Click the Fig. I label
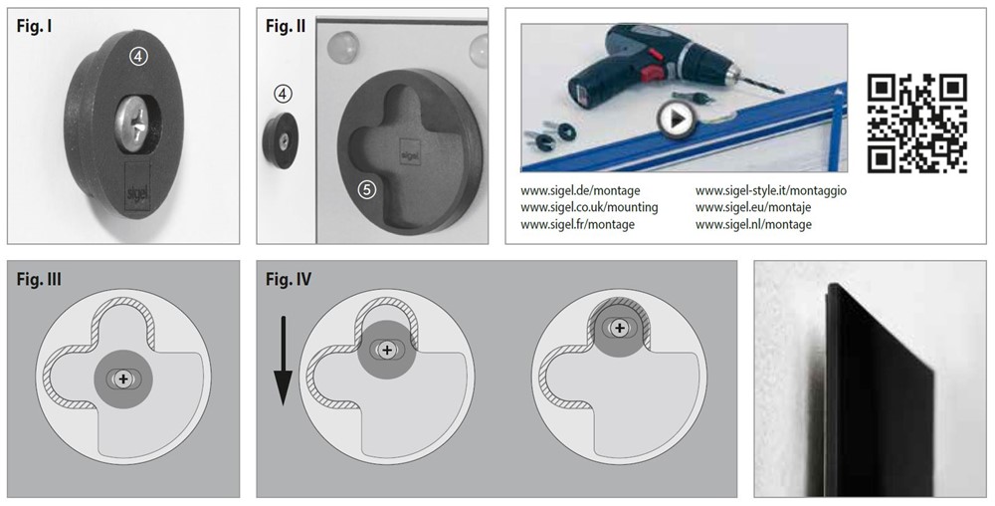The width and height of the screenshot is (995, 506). [35, 27]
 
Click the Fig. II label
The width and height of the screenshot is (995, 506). [286, 27]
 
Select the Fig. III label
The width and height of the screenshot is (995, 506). [39, 280]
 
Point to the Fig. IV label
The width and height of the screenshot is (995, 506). [289, 280]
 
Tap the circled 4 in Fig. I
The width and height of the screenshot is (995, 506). [139, 58]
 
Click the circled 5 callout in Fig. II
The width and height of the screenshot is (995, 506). [366, 186]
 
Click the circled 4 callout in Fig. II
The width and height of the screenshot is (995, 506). [284, 94]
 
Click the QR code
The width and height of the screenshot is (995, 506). [917, 123]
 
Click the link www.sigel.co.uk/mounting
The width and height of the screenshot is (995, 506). [589, 207]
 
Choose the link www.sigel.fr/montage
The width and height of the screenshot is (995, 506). [577, 224]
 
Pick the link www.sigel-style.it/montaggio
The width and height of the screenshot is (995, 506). [770, 190]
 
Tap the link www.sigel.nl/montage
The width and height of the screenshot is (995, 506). [753, 224]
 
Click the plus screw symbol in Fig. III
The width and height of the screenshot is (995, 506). [122, 379]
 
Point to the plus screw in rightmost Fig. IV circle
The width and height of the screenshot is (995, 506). [620, 327]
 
